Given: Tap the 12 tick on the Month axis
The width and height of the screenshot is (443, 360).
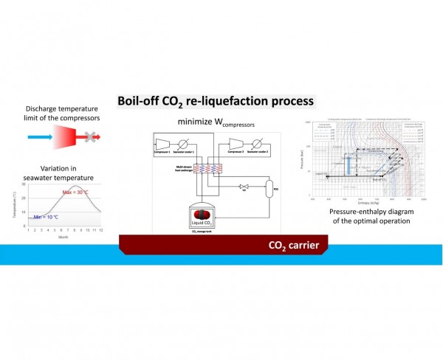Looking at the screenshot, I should tap(100, 230).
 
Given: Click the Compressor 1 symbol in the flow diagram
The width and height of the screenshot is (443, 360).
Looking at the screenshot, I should tap(164, 142).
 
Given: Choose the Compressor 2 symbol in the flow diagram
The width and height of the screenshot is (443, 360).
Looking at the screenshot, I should tap(238, 142).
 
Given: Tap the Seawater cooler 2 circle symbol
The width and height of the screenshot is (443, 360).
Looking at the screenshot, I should tap(264, 142).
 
